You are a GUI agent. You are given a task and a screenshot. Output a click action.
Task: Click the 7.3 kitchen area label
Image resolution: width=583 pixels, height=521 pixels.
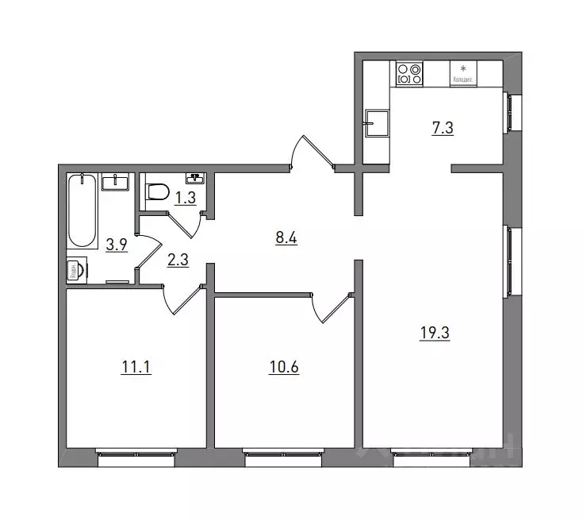pyautogui.click(x=443, y=129)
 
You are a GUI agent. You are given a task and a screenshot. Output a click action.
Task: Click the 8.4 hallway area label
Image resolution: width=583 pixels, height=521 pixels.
pyautogui.click(x=286, y=237)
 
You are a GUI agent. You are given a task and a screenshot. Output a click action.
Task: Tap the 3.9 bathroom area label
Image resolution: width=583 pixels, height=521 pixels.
pyautogui.click(x=117, y=245)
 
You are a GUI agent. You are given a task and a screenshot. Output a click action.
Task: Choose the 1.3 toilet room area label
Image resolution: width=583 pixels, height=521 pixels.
pyautogui.click(x=185, y=198)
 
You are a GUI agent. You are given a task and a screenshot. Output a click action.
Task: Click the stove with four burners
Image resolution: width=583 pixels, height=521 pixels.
pyautogui.click(x=410, y=73)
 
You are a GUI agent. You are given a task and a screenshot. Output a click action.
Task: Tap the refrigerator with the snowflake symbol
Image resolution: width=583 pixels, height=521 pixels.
pyautogui.click(x=463, y=73)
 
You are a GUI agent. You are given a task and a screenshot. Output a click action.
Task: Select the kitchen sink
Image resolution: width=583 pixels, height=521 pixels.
pyautogui.click(x=376, y=124)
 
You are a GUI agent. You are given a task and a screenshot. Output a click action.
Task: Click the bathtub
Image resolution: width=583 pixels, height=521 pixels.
pyautogui.click(x=82, y=210)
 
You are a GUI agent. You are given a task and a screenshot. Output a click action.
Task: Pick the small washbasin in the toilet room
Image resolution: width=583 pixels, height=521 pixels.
pyautogui.click(x=194, y=178)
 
